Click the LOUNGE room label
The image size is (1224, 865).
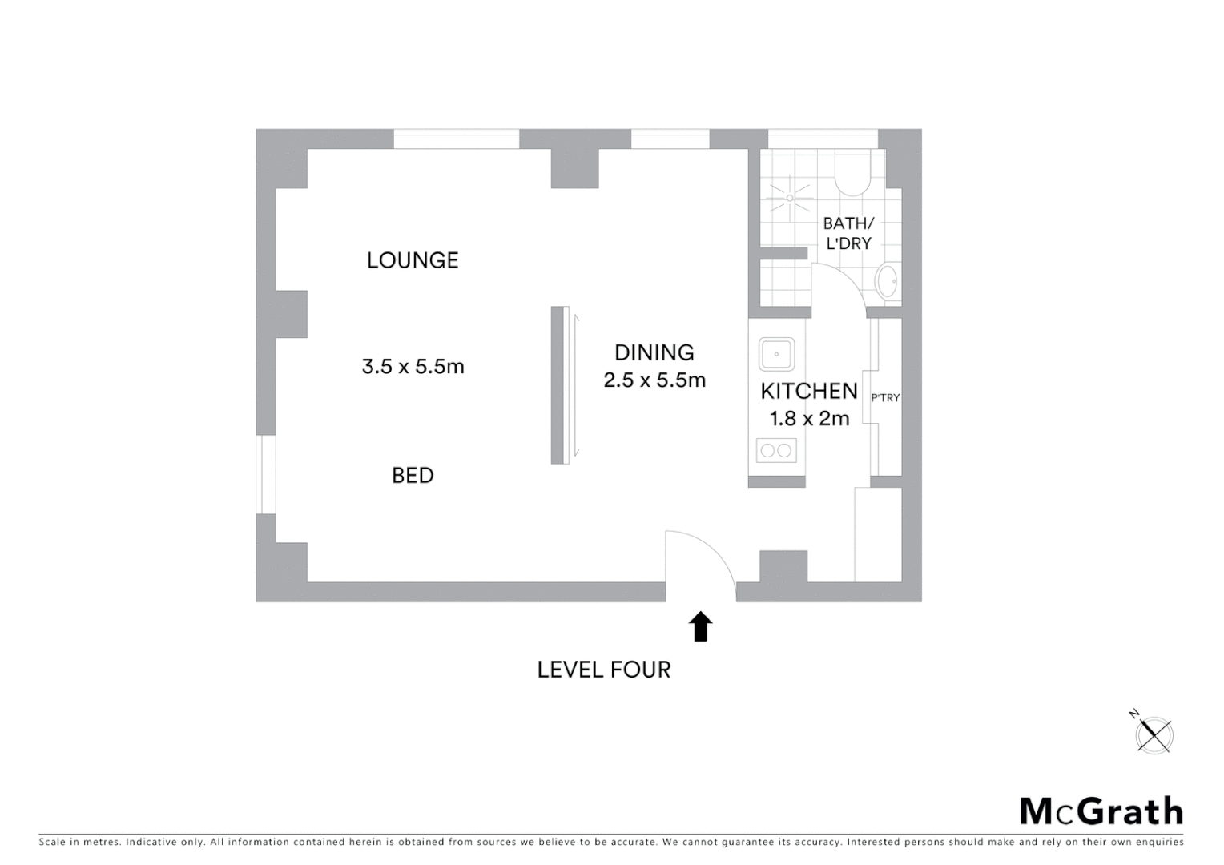tap(413, 260)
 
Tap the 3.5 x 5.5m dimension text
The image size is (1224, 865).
tap(413, 367)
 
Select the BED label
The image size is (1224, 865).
tap(413, 476)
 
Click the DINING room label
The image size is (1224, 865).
tap(654, 352)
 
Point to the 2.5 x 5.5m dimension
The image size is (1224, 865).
tap(654, 380)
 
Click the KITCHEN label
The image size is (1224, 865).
tap(808, 391)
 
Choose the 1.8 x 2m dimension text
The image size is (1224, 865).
tap(808, 418)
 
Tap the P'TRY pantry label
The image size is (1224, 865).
tap(885, 397)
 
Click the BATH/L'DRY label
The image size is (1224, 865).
tap(848, 233)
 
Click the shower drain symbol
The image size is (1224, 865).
tap(790, 197)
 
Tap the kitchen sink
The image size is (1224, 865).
tap(776, 354)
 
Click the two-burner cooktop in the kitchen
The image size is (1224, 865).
tap(776, 450)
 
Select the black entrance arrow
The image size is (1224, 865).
tap(701, 626)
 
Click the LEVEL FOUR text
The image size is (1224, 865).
tap(603, 670)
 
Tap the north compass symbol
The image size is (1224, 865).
tap(1154, 733)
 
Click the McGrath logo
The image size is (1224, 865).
tap(1101, 811)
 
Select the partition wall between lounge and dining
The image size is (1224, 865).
tap(558, 385)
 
